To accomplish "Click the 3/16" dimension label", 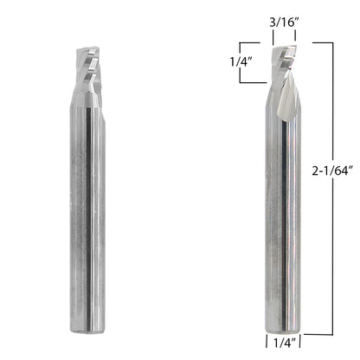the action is pos(284,22).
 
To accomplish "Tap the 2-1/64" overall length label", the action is pos(332,171).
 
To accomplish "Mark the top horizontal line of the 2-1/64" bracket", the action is pos(323,43).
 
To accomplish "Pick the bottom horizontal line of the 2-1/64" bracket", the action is pos(318,335).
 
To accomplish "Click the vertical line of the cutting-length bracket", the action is pos(241,63).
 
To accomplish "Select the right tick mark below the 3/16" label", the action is pos(295,36).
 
